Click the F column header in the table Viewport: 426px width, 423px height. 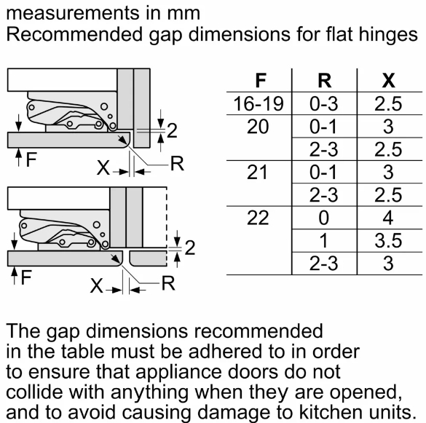[x=261, y=80]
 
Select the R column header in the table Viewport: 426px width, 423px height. [x=325, y=80]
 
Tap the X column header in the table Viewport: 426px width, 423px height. [x=389, y=80]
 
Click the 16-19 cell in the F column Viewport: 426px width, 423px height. [x=259, y=103]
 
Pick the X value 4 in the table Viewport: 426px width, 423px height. [x=388, y=218]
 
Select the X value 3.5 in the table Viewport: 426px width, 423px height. [x=388, y=240]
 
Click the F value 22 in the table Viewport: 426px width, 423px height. [x=258, y=218]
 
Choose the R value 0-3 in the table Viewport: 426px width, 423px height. [x=324, y=103]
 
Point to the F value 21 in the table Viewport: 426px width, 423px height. [x=257, y=172]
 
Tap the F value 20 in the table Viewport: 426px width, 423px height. [x=258, y=127]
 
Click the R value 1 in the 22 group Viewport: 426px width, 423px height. [x=324, y=240]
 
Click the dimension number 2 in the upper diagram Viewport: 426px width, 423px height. [x=172, y=130]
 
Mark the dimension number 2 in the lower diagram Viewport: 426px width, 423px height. [x=190, y=248]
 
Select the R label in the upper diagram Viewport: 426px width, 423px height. [x=177, y=164]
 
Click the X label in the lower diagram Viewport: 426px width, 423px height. [x=97, y=286]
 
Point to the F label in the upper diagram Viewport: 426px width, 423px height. [x=31, y=159]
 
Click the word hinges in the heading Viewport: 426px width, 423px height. [x=388, y=35]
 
